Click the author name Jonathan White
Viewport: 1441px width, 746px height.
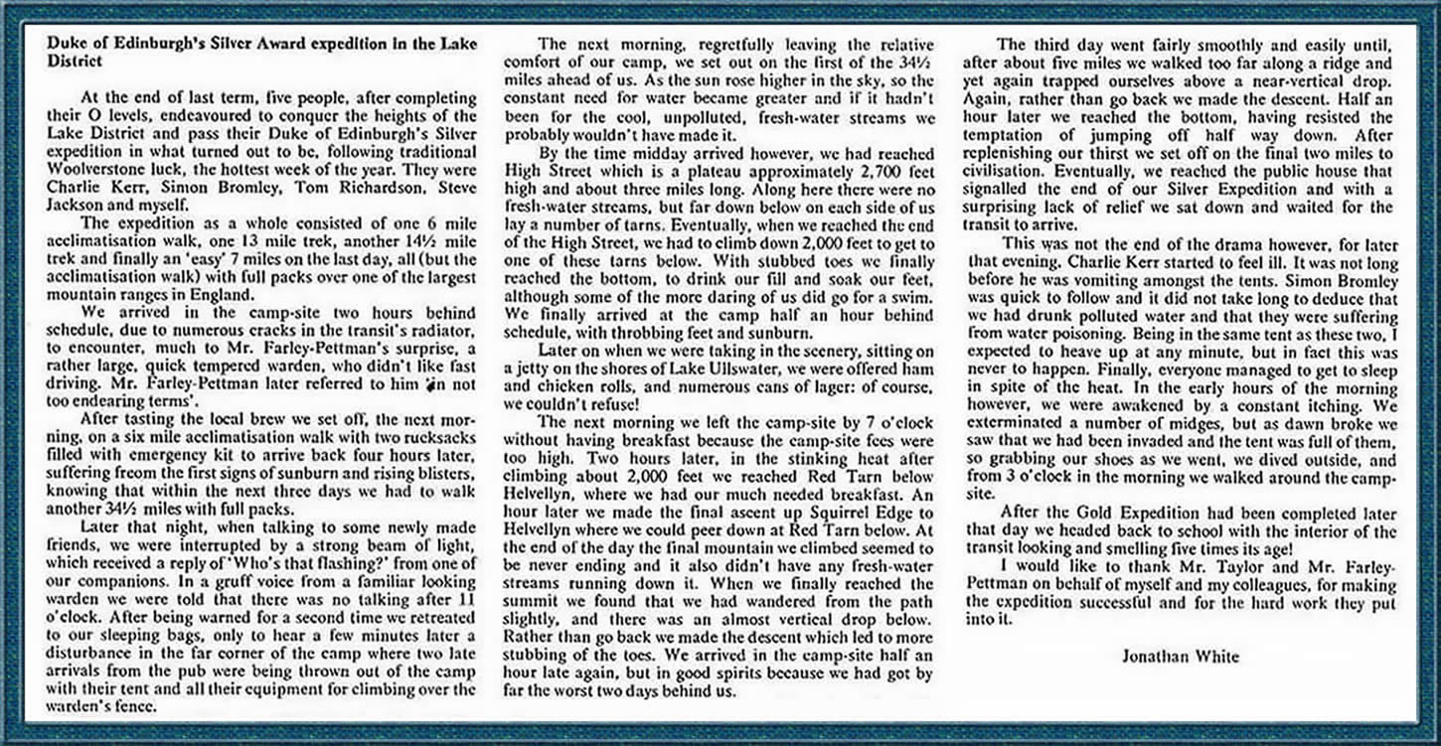click(x=1182, y=656)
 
